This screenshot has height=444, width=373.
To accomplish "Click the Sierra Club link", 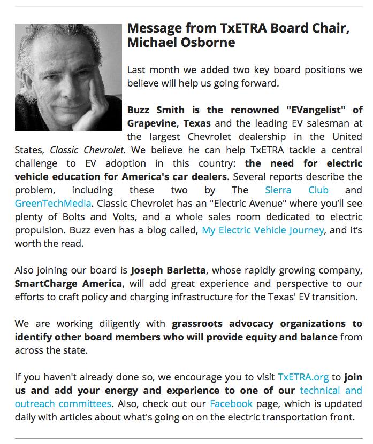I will tap(296, 190).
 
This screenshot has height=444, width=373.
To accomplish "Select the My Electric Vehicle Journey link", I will tap(263, 230).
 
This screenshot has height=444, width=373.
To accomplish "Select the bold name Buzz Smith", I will tap(156, 110).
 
